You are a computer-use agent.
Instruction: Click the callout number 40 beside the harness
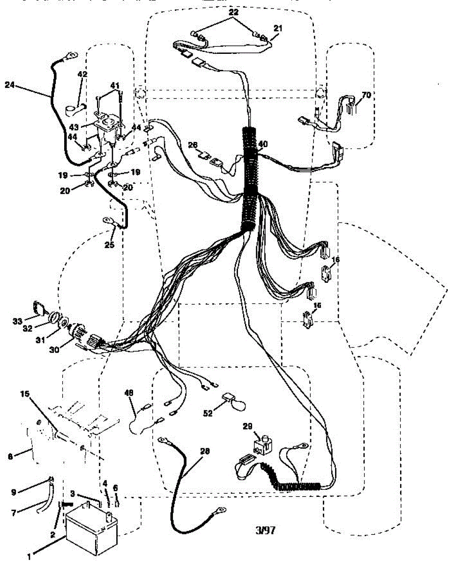pyautogui.click(x=263, y=144)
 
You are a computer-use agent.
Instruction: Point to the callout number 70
pyautogui.click(x=366, y=95)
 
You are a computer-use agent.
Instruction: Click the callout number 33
pyautogui.click(x=18, y=321)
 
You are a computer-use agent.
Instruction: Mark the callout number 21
pyautogui.click(x=278, y=29)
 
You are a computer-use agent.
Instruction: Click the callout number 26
pyautogui.click(x=193, y=145)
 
